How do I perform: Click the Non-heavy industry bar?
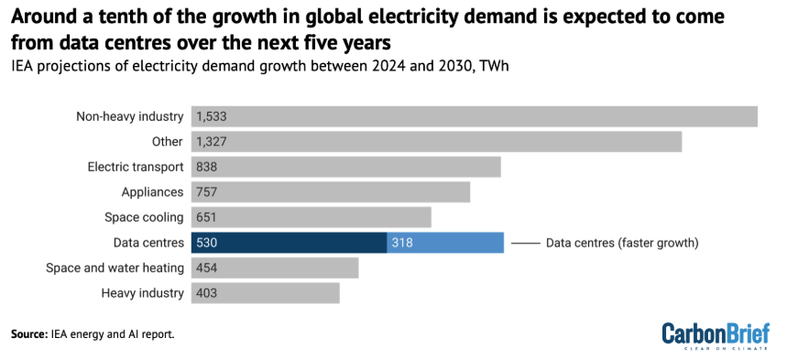tap(475, 116)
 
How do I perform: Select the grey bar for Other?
tap(436, 142)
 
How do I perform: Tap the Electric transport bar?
tap(346, 167)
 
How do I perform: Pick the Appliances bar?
tap(331, 192)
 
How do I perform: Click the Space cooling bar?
tap(312, 217)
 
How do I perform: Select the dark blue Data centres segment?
tap(289, 243)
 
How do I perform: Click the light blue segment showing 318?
tap(445, 243)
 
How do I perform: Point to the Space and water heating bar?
tap(275, 267)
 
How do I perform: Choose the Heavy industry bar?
tap(266, 293)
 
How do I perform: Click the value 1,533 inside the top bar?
tap(212, 116)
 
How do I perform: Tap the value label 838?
tap(207, 167)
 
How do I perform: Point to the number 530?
tap(207, 243)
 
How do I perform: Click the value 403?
tap(207, 293)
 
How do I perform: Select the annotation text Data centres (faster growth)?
tap(622, 243)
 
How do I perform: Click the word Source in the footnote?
tap(29, 334)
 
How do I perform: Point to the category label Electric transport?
tap(137, 167)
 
